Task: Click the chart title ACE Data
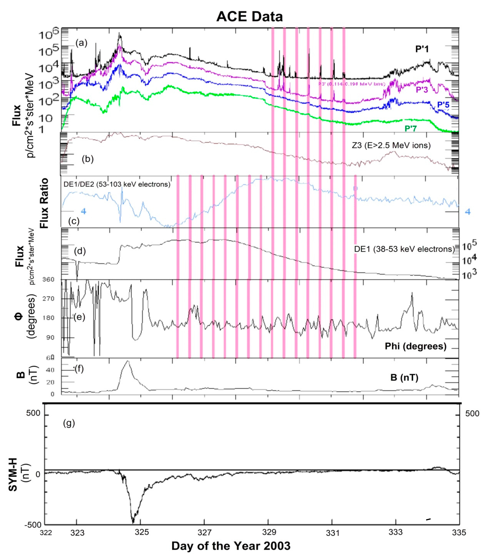click(x=249, y=17)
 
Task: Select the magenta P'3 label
click(x=422, y=90)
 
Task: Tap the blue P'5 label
click(x=443, y=105)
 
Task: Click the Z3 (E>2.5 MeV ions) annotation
click(x=391, y=145)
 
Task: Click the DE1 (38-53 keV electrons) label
click(x=404, y=249)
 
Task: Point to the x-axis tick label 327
click(x=204, y=533)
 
